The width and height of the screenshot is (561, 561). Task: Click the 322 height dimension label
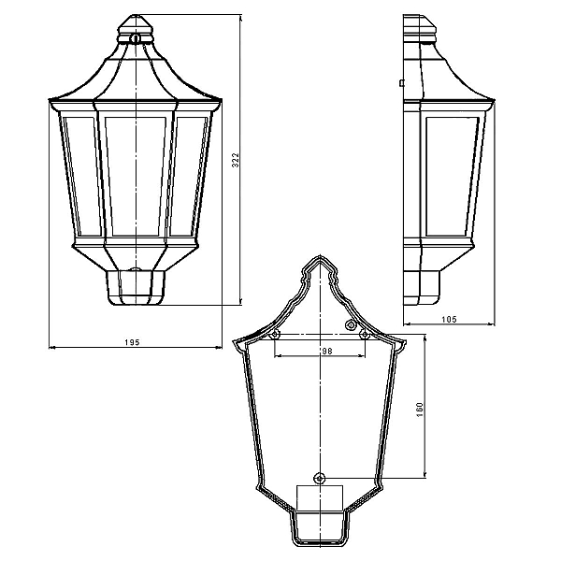pos(235,160)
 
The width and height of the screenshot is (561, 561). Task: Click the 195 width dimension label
pos(132,342)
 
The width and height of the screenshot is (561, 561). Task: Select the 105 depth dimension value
pos(449,319)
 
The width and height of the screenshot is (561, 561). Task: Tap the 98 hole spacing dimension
pos(326,352)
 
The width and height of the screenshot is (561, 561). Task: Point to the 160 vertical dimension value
pos(419,410)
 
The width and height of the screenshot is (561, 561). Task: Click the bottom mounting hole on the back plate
pos(320,478)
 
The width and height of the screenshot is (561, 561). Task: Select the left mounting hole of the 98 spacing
pos(274,335)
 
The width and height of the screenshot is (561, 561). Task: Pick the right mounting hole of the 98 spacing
pos(365,335)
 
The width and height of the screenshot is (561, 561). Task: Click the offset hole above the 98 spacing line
pos(350,324)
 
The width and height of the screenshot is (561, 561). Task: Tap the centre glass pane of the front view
pos(136,176)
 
